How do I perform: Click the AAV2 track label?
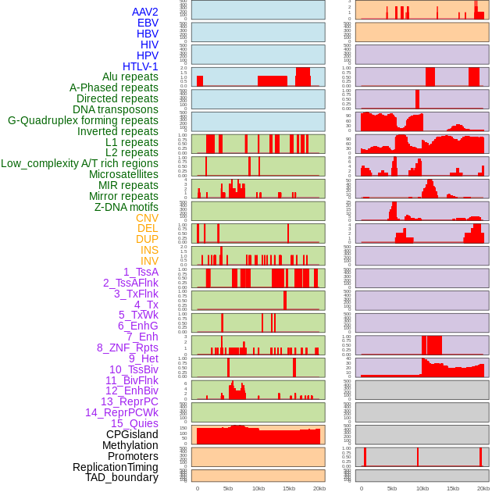(145, 12)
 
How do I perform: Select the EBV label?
(148, 23)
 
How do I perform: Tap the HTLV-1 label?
(141, 66)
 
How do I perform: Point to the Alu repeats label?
(130, 77)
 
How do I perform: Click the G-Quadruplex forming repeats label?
(83, 120)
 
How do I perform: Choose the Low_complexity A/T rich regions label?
(80, 163)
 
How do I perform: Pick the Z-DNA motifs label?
(126, 207)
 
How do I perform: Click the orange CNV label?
(147, 218)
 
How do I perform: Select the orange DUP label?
(147, 239)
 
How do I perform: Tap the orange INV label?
(149, 261)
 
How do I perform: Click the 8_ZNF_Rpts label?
(127, 348)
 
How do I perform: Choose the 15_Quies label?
(134, 423)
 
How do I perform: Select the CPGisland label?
(132, 434)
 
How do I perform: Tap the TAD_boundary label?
(122, 477)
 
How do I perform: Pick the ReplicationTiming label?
(116, 467)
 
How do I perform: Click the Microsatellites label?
(123, 174)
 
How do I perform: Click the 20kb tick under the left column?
(319, 488)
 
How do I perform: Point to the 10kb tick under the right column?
(422, 488)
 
